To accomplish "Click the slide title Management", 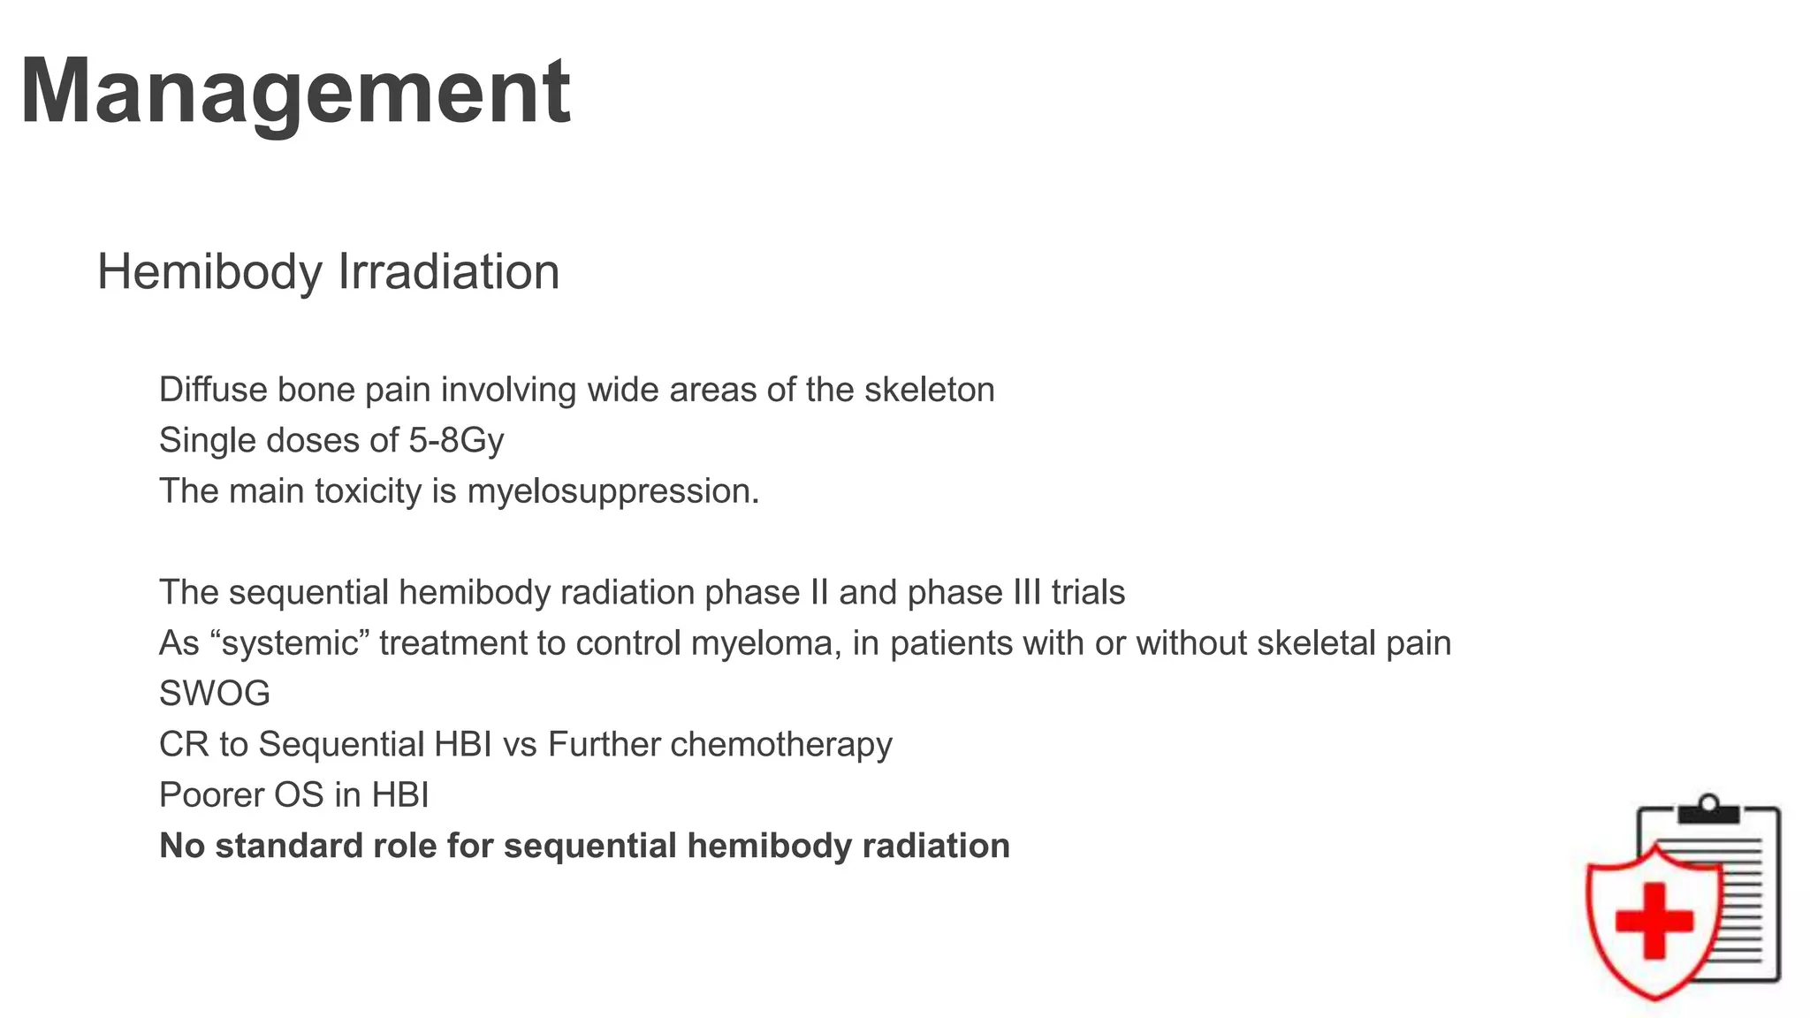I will [x=295, y=92].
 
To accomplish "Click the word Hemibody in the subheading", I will [x=209, y=272].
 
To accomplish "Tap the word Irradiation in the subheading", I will [x=449, y=272].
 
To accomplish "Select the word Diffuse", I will [x=212, y=390].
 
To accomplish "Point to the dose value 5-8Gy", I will [x=456, y=441].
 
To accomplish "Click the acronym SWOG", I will [x=215, y=694].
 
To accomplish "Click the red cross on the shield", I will [x=1654, y=920].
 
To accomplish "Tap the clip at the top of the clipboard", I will [x=1708, y=809].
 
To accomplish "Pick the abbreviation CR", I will [x=184, y=745].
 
